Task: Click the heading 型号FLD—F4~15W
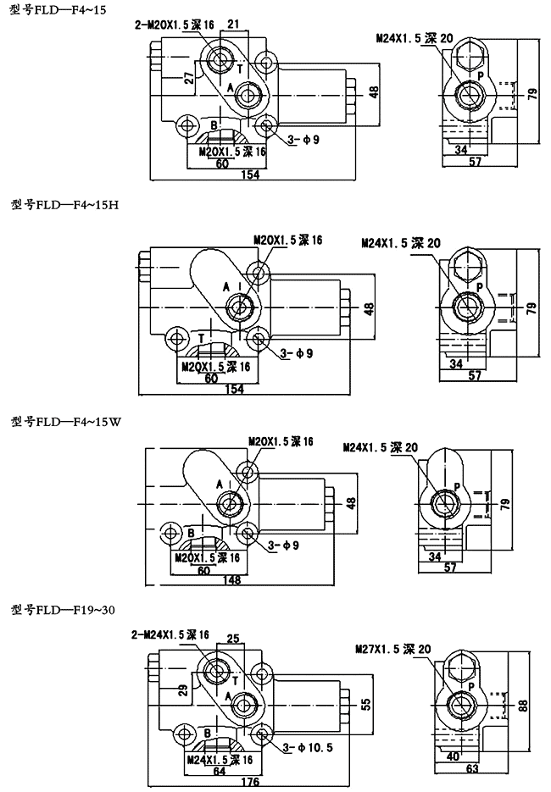click(67, 420)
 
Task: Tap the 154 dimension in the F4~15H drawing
click(234, 389)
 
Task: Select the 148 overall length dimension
click(231, 580)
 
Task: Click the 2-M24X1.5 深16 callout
click(170, 634)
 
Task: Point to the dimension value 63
click(472, 768)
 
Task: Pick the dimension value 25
click(233, 638)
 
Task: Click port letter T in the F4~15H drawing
click(201, 338)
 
